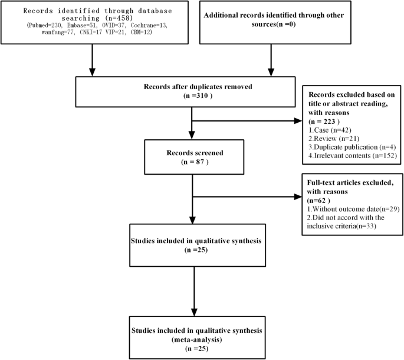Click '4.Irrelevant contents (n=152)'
pyautogui.click(x=352, y=155)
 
